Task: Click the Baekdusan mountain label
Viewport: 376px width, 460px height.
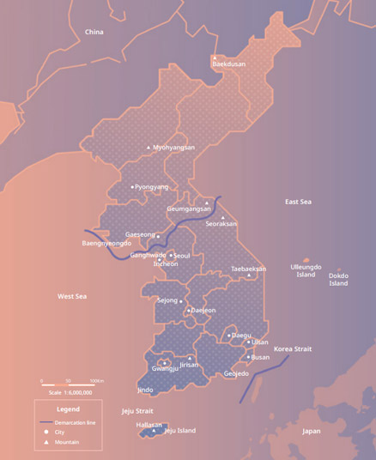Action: pos(228,64)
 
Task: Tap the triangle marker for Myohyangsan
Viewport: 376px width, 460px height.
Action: pos(149,147)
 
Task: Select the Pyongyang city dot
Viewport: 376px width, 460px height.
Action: pos(132,186)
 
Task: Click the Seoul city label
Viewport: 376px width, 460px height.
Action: pos(181,255)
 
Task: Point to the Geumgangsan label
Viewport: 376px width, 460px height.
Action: pos(188,209)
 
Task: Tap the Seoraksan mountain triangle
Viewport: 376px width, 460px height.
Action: pos(223,217)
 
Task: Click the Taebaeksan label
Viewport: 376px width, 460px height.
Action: pos(248,269)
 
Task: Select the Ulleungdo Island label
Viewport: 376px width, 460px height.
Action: pos(306,270)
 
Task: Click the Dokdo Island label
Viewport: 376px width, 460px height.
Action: pos(339,279)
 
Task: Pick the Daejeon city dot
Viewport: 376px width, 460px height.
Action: pos(189,310)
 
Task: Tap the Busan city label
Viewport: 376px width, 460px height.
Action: pos(260,357)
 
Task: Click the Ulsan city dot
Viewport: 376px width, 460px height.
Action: pos(249,342)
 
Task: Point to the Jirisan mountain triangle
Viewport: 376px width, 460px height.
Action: pos(190,358)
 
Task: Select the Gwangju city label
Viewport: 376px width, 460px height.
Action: pos(165,368)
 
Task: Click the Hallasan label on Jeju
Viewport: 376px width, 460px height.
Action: pos(149,425)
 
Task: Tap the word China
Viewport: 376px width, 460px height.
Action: pos(94,32)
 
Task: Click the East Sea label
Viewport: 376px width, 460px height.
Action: pos(298,202)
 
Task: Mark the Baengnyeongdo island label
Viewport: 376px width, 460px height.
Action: pos(106,243)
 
